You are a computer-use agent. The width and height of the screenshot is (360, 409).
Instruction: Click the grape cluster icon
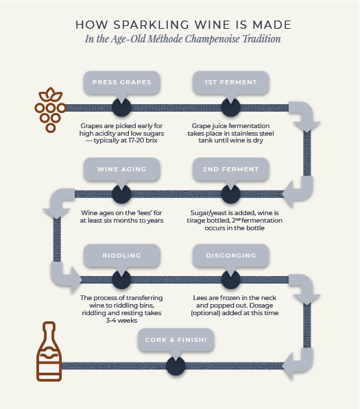(x=50, y=110)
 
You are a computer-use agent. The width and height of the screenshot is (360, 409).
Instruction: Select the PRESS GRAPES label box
(x=121, y=82)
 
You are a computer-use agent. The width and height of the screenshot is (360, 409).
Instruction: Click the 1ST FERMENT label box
(x=231, y=82)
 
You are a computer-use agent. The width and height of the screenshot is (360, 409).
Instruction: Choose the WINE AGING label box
(x=121, y=169)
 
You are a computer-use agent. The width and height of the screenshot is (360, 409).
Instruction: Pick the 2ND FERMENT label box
(x=231, y=169)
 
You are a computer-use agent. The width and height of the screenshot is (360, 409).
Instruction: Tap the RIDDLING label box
(x=121, y=256)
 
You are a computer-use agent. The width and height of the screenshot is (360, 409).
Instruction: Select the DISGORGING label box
(x=231, y=256)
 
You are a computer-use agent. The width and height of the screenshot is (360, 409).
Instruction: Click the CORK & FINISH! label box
(x=176, y=340)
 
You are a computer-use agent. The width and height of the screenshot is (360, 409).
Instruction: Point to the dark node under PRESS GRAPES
(x=121, y=108)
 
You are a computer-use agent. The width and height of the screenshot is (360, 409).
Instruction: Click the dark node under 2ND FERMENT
(x=231, y=194)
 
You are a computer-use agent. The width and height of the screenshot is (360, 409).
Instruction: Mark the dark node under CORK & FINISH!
(x=176, y=366)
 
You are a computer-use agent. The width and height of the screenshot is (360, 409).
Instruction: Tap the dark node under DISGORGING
(x=231, y=280)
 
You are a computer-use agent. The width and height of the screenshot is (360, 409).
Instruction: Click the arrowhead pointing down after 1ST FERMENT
(x=307, y=126)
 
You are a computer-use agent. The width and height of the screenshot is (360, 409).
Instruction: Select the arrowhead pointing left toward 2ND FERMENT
(x=287, y=194)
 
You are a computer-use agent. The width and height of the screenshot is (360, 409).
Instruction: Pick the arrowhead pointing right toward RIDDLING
(x=77, y=280)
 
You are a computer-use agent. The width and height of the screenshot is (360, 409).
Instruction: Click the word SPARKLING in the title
(x=151, y=25)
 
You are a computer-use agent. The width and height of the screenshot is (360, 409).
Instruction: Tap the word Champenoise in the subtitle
(x=213, y=39)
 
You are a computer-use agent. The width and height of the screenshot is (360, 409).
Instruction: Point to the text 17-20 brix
(x=143, y=140)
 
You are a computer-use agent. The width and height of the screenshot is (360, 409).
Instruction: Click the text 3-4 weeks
(x=121, y=321)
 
